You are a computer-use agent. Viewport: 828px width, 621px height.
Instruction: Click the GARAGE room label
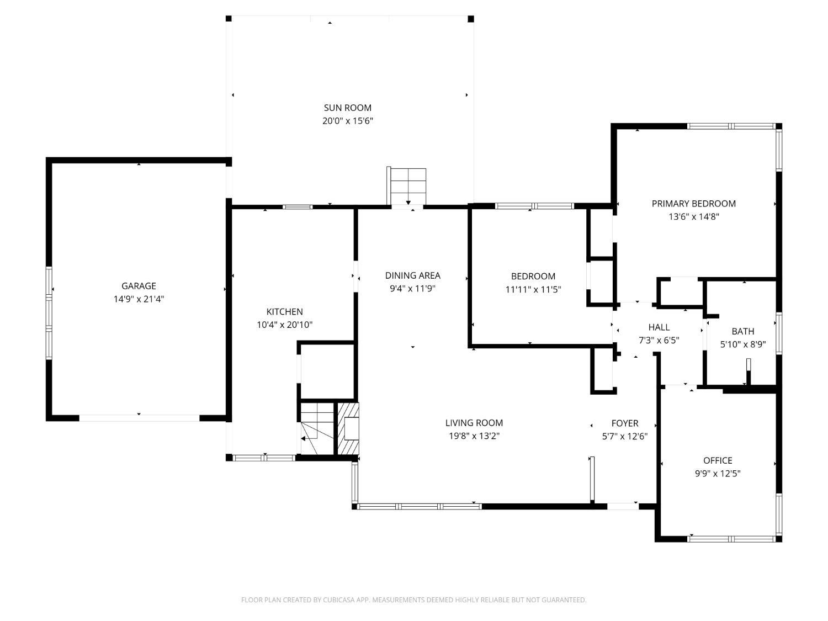tap(139, 286)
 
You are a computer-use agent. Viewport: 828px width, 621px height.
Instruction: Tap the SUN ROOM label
tap(347, 108)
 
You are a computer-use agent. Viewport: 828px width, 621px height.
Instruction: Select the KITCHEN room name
tap(284, 311)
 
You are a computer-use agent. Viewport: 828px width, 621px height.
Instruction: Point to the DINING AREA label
tap(413, 275)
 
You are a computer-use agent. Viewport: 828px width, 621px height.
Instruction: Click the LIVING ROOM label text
tap(474, 423)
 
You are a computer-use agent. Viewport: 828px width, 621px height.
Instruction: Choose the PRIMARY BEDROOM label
tap(693, 204)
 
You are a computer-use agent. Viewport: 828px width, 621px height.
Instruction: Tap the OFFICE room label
tap(718, 460)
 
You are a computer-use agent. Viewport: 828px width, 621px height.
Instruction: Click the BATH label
tap(743, 331)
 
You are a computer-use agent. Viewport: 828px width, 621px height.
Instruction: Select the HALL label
tap(659, 327)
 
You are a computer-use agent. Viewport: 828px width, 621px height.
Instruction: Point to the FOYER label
tap(625, 423)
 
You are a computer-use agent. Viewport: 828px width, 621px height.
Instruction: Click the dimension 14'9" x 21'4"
tap(139, 299)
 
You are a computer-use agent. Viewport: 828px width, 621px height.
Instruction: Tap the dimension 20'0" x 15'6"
tap(347, 121)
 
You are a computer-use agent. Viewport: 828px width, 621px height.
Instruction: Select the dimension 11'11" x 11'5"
tap(533, 289)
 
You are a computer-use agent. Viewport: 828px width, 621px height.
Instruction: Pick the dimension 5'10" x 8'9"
tap(743, 344)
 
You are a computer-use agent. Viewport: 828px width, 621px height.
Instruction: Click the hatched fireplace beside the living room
tap(347, 429)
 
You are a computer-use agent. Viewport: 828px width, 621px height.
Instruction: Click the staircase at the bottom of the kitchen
tap(317, 429)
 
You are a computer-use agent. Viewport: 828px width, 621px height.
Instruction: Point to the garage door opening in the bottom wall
tap(139, 418)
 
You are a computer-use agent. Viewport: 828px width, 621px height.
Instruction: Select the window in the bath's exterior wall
tap(778, 333)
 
